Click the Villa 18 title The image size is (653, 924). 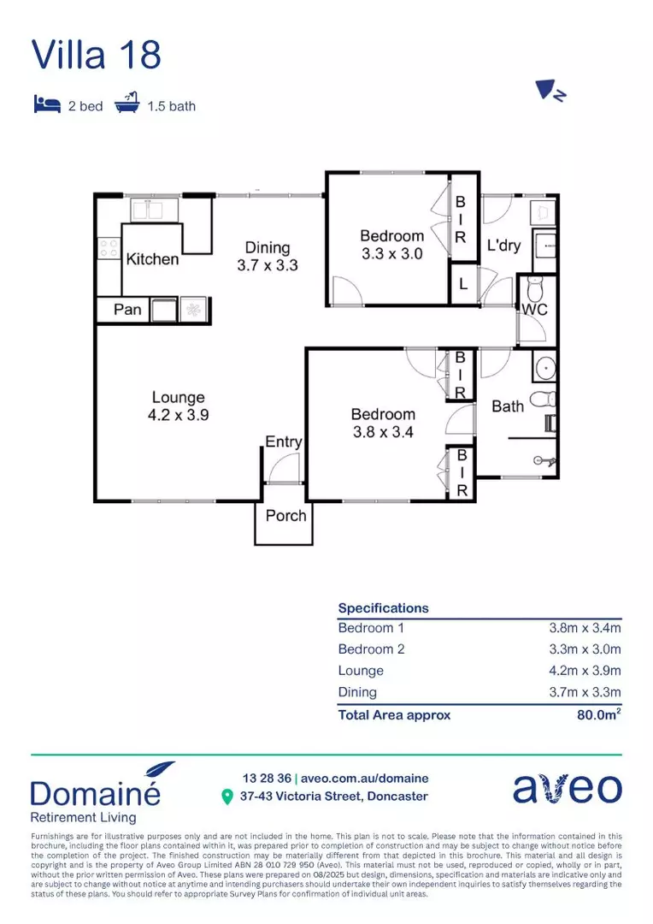click(x=96, y=54)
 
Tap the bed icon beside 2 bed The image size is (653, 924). click(x=47, y=105)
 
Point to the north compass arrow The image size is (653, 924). click(x=547, y=91)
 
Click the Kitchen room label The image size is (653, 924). click(x=152, y=259)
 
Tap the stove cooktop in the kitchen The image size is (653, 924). click(x=109, y=248)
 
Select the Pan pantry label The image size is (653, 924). click(x=127, y=309)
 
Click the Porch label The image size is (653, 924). click(x=285, y=516)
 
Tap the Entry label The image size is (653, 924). click(x=283, y=441)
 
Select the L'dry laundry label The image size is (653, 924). click(x=503, y=246)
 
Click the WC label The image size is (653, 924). click(x=534, y=309)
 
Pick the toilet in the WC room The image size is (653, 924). click(x=535, y=286)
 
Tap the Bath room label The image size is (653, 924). click(x=507, y=406)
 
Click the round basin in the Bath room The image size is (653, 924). click(x=543, y=368)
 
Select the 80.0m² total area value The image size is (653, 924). click(x=598, y=715)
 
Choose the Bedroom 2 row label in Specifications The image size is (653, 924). click(x=371, y=649)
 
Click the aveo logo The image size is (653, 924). click(x=567, y=788)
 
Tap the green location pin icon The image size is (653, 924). click(x=227, y=797)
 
